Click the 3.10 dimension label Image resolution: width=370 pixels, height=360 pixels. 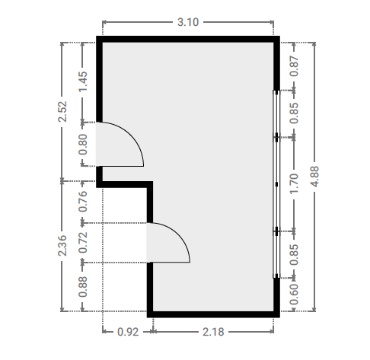[x=188, y=22]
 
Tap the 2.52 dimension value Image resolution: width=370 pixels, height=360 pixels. [x=62, y=111]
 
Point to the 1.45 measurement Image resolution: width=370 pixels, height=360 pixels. [x=83, y=81]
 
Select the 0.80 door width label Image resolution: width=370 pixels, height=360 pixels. [x=83, y=145]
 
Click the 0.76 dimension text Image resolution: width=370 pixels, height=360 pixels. [x=83, y=201]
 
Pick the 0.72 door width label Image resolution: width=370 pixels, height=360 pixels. [x=83, y=243]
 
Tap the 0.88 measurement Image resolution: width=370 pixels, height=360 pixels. [x=83, y=287]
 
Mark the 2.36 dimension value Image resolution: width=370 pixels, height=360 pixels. [x=62, y=246]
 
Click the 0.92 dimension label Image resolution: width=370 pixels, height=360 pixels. [x=128, y=332]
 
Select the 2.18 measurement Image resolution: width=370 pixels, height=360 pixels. [x=213, y=332]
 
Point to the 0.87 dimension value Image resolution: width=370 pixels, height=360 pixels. [x=295, y=66]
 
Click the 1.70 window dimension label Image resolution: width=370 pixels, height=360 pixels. [x=295, y=184]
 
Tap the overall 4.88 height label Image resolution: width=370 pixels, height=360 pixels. [x=315, y=177]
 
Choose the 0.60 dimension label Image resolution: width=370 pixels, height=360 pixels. [x=295, y=295]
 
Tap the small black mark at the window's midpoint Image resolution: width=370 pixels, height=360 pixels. [x=276, y=184]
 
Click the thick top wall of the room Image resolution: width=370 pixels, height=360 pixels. [x=188, y=40]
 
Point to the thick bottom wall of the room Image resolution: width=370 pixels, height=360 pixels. [x=213, y=314]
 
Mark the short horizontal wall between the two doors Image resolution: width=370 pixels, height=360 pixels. [x=124, y=184]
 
